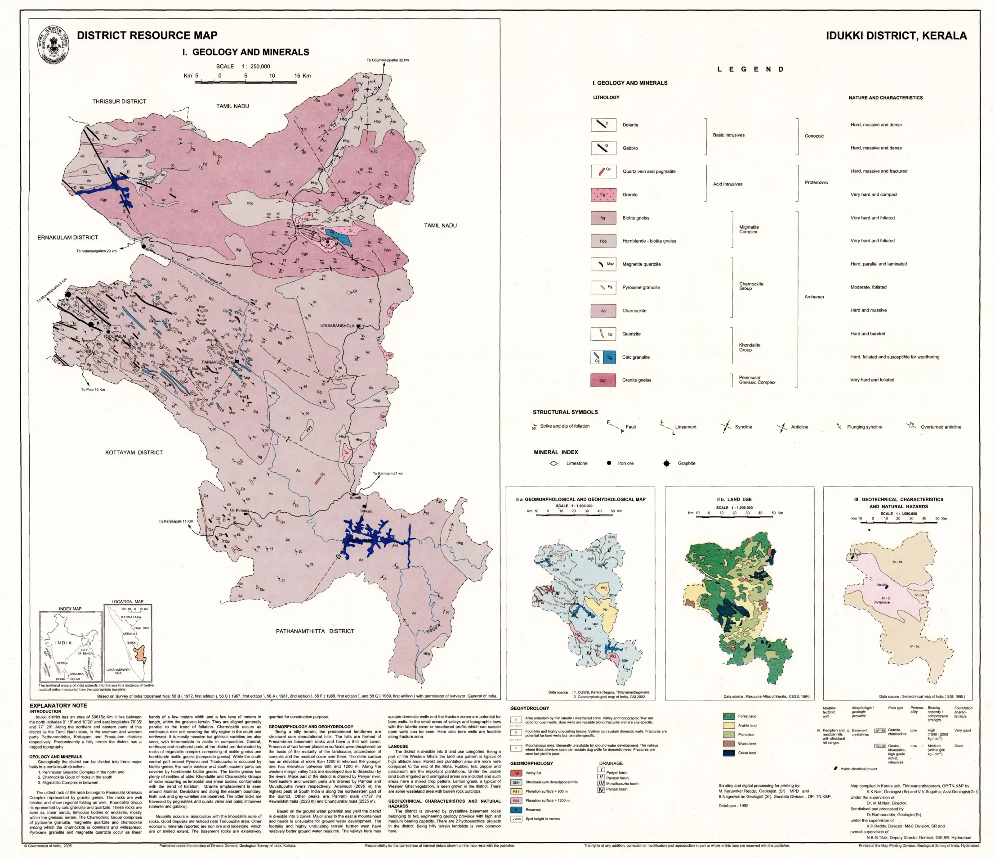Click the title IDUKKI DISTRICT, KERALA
896,36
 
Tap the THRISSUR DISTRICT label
119,101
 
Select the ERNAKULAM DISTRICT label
68,237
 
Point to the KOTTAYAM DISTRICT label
134,452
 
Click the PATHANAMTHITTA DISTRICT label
315,631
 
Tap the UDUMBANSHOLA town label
337,326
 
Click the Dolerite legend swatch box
603,125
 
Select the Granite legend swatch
603,194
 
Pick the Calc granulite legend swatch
603,357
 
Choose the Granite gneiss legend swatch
603,380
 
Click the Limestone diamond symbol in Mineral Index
553,463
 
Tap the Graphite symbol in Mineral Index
666,463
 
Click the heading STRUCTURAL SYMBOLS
565,412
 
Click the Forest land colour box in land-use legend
728,716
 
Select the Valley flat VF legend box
516,773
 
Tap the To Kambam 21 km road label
388,474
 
